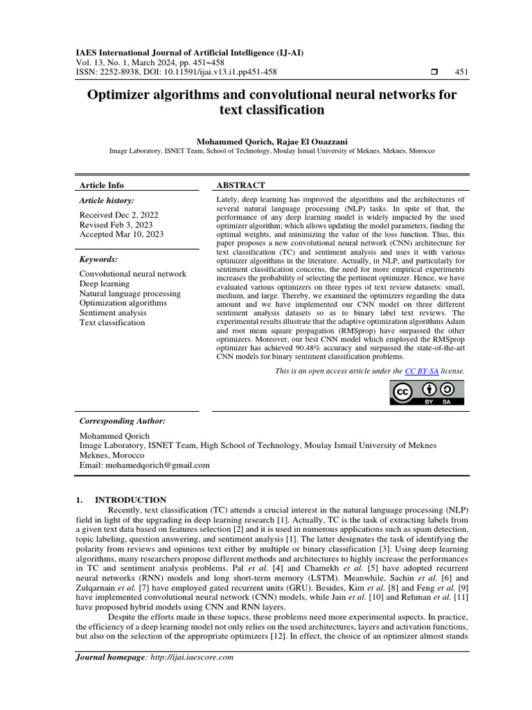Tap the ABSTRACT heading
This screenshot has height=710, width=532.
pyautogui.click(x=240, y=185)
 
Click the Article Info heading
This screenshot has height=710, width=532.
pyautogui.click(x=102, y=185)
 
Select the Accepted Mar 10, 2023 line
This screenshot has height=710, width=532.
pyautogui.click(x=121, y=234)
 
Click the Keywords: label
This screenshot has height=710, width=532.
pyautogui.click(x=99, y=259)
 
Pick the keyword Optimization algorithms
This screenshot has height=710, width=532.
pyautogui.click(x=123, y=303)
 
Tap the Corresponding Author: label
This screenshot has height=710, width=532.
pyautogui.click(x=123, y=421)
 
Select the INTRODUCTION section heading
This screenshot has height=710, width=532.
pyautogui.click(x=130, y=499)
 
